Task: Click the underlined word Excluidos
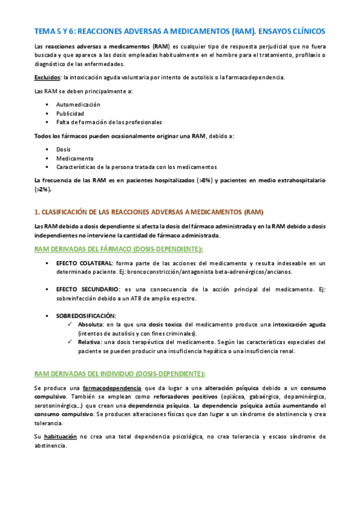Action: coord(47,78)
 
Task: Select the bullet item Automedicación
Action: coord(79,105)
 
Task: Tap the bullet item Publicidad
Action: coord(70,113)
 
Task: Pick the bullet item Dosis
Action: coord(64,149)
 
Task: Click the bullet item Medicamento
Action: coord(74,158)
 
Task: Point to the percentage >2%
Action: coord(43,189)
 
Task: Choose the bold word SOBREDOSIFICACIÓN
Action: coord(86,315)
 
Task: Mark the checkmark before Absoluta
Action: coord(72,324)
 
